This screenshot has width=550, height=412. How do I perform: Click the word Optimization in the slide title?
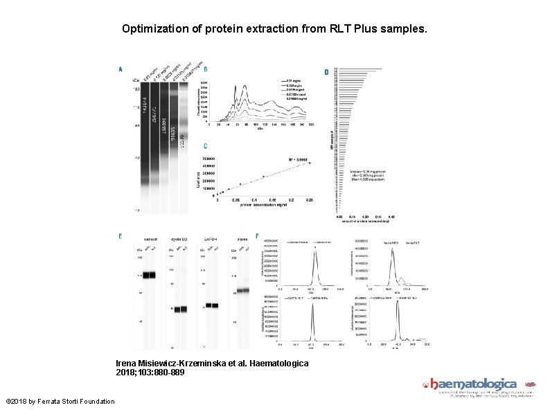(x=154, y=30)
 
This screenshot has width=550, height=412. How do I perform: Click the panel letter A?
(x=121, y=69)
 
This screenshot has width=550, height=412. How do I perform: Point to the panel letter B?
(x=205, y=69)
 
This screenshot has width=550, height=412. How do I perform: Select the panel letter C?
(x=205, y=146)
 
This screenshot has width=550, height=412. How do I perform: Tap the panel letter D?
(x=327, y=72)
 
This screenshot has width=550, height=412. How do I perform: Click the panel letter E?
(x=121, y=237)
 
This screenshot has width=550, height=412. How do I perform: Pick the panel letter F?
(x=258, y=237)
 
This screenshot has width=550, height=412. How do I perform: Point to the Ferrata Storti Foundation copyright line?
(x=60, y=402)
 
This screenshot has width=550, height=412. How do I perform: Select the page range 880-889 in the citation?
(x=168, y=373)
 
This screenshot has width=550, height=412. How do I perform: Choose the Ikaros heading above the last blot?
(x=242, y=238)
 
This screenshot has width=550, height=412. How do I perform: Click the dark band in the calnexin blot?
(x=149, y=276)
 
